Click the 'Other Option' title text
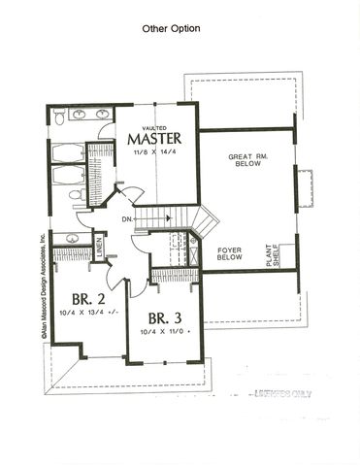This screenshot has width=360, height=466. point(171,29)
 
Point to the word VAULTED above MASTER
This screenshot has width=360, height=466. point(154,126)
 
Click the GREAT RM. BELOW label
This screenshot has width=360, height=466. point(246,160)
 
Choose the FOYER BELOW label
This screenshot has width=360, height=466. point(229,253)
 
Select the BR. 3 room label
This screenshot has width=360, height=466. point(166,317)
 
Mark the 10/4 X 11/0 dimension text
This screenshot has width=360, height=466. point(165,332)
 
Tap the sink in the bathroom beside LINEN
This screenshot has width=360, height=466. point(69,237)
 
